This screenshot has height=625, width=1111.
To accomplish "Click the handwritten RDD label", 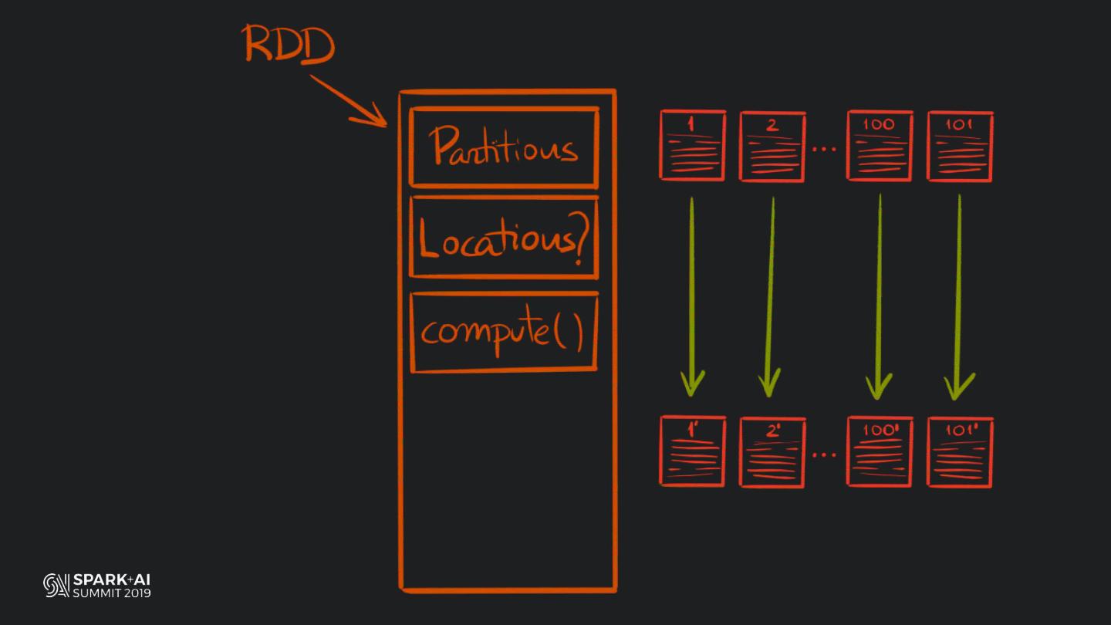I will pos(289,44).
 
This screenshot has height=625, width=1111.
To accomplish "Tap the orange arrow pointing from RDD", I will pos(349,100).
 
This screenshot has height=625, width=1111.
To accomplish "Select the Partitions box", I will pos(504,147).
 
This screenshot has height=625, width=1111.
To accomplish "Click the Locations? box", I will pos(504,237).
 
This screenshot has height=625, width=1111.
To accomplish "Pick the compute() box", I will pos(504,332).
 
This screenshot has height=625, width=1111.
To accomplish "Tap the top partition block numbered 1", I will pos(692,146).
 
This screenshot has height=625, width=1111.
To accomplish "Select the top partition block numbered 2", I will pos(772,147).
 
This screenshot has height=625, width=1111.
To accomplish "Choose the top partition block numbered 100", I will pos(879,146).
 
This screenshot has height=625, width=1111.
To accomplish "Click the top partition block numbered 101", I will pos(960,147).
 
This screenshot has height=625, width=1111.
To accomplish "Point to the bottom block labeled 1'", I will pos(692,451).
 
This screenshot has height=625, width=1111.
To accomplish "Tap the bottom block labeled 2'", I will pos(772,452).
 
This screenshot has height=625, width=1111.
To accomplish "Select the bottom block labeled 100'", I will pos(879,451).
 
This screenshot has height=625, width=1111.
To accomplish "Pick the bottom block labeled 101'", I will pos(960,452).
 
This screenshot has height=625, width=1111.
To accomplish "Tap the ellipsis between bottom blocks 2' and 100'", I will pos(825,455).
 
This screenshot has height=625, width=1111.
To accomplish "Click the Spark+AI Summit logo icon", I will pos(56,586).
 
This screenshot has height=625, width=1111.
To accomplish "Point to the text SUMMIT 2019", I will pos(112,593).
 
